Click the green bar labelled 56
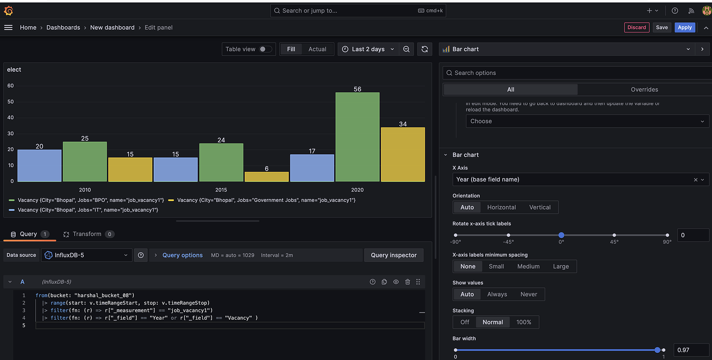[x=357, y=137]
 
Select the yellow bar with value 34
[x=402, y=154]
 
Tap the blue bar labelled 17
[x=312, y=168]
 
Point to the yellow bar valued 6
[x=266, y=176]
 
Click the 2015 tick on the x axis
[x=221, y=190]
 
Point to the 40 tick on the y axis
[x=10, y=118]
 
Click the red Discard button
[x=636, y=27]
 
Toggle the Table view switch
[x=265, y=49]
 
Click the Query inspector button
[x=393, y=255]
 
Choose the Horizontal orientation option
[x=501, y=207]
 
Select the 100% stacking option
[x=523, y=322]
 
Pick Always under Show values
[x=497, y=294]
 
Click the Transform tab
[x=87, y=234]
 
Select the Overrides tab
[x=644, y=89]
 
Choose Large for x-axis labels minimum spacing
[x=560, y=266]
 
